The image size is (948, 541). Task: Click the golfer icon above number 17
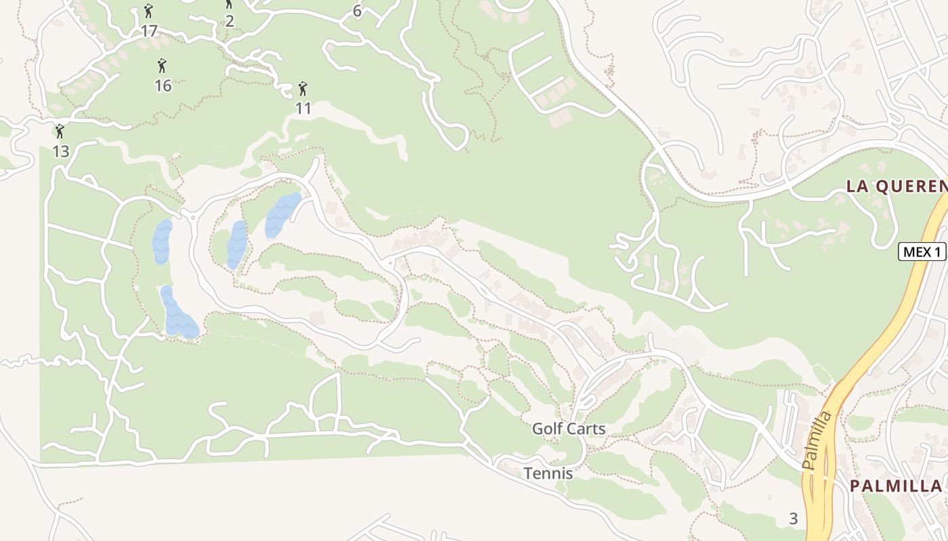click(148, 11)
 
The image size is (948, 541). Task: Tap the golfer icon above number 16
click(162, 66)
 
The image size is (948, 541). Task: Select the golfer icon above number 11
click(303, 89)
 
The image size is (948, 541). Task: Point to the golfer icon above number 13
click(60, 131)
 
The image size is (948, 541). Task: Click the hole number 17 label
click(149, 30)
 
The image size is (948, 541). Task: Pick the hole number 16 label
click(163, 86)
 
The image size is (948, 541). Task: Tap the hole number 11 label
click(303, 108)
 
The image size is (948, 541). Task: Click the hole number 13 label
click(61, 151)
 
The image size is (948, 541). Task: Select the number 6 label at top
click(357, 11)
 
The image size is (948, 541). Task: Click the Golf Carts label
click(568, 429)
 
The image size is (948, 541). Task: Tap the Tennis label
click(548, 473)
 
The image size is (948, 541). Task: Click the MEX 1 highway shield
click(922, 252)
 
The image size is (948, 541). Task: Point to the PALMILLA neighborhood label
click(895, 486)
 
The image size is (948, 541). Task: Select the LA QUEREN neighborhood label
click(895, 187)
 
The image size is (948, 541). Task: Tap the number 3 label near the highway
click(793, 519)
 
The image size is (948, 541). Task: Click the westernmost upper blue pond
click(162, 241)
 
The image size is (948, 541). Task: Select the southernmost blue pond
click(178, 314)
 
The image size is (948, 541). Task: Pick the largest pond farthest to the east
click(282, 215)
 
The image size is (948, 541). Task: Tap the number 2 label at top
click(230, 20)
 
